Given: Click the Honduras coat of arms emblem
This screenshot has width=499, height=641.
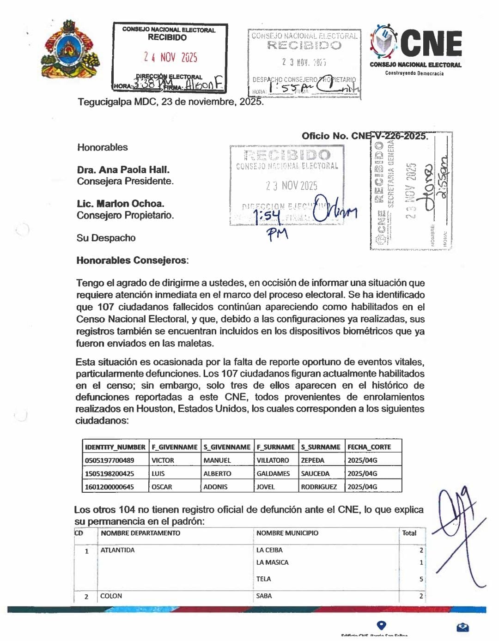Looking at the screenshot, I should coord(71,49).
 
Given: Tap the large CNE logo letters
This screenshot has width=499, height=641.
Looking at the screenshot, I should coord(431,43).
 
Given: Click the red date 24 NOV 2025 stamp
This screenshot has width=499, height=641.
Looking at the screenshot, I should coord(170,57).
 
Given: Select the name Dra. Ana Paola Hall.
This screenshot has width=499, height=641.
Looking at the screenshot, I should coord(123,169).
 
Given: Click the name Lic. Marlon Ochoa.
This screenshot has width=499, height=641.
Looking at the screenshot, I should coord(121,204).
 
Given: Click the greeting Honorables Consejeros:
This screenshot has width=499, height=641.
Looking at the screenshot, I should coord(133,260).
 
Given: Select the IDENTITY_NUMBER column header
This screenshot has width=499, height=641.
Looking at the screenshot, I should coord(115,447).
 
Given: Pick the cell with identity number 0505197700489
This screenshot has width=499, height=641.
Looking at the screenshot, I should coord(110,460).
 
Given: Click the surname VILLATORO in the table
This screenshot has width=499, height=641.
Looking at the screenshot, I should coord(273,460).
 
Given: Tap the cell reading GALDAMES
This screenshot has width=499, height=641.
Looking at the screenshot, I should coord(273,473).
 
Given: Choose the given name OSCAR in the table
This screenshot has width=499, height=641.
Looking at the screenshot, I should coord(162,487).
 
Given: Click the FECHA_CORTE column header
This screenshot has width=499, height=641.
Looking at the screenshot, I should coord(369,447).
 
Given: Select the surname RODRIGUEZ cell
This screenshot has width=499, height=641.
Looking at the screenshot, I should coord(319,487).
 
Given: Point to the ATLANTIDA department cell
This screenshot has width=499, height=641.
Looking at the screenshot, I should coord(117,550).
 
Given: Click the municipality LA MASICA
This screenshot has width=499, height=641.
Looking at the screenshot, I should coord(272,562).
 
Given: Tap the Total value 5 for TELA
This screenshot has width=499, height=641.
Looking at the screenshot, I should coord(421,579).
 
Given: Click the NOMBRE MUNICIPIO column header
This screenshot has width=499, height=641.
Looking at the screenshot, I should coord(287,533).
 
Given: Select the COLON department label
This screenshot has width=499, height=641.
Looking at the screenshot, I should coord(111,596).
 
